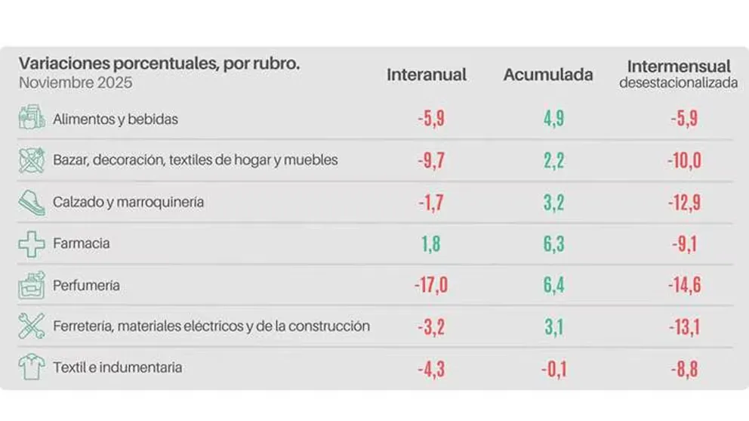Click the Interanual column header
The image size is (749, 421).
coord(427,75)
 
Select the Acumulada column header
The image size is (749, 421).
coord(548,75)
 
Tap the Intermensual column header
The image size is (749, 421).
coord(679,67)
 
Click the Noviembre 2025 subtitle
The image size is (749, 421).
coord(76,83)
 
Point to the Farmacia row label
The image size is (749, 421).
coord(82,243)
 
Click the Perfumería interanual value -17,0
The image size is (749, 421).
coord(431,286)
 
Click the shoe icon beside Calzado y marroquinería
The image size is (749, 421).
coord(31,202)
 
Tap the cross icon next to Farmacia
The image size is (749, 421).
coord(31,243)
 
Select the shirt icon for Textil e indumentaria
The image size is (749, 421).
coord(31,368)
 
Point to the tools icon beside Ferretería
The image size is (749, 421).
coord(31,327)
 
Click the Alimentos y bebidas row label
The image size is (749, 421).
coord(116,119)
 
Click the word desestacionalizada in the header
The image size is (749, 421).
coord(679,84)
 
